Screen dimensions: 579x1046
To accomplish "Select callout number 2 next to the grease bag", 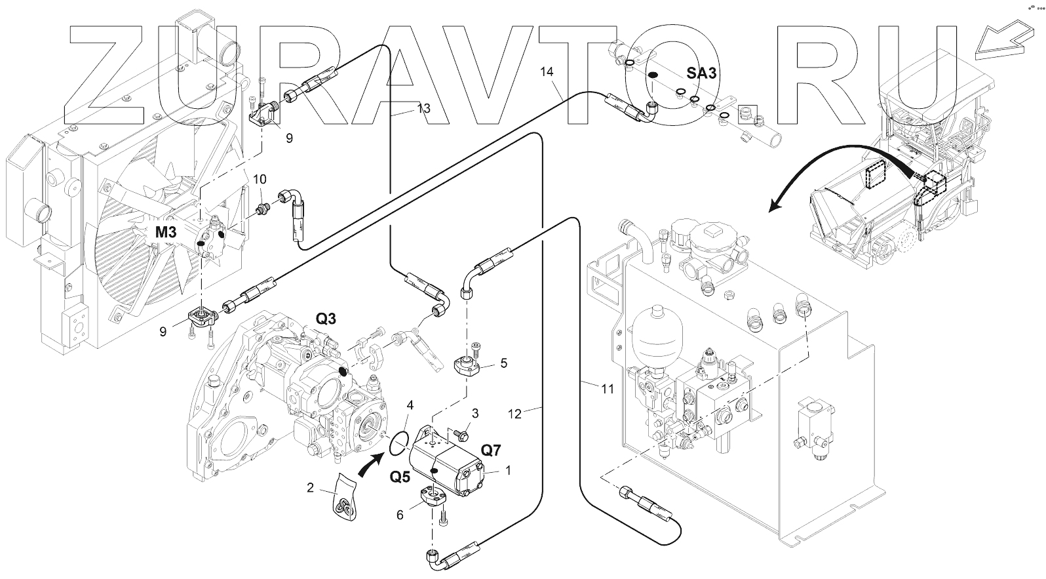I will click(311, 487).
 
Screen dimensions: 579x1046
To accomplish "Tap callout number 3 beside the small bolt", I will click(475, 413).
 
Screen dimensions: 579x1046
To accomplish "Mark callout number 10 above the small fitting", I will click(260, 179).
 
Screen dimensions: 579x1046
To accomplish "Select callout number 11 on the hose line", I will click(608, 389).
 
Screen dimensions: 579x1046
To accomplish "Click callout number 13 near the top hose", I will click(423, 108).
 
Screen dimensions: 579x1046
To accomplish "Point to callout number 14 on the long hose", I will click(547, 71).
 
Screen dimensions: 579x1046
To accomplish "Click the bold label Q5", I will click(400, 476).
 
